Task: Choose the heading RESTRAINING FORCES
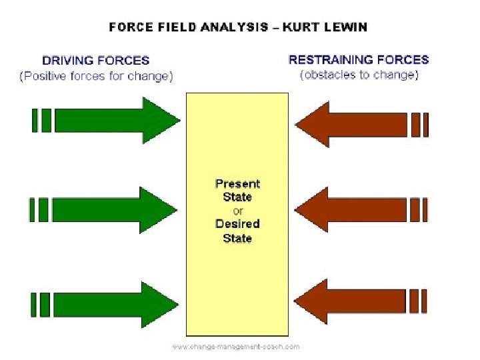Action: pyautogui.click(x=359, y=59)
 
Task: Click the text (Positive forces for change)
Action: pyautogui.click(x=96, y=76)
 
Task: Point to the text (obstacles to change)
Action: pyautogui.click(x=359, y=75)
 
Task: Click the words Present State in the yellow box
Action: pyautogui.click(x=237, y=190)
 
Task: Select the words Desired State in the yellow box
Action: pyautogui.click(x=237, y=231)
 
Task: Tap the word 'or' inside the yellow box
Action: pyautogui.click(x=238, y=211)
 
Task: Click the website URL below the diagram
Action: pyautogui.click(x=236, y=346)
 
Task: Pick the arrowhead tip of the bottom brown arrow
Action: pyautogui.click(x=296, y=301)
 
